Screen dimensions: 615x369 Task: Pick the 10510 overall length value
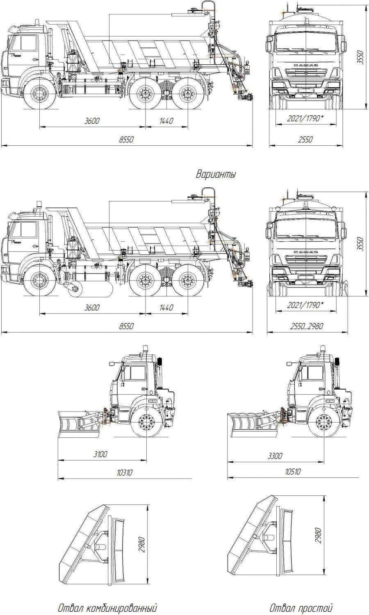pyautogui.click(x=293, y=472)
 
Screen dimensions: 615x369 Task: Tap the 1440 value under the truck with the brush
pyautogui.click(x=166, y=307)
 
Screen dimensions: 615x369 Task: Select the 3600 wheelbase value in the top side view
pyautogui.click(x=92, y=121)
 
